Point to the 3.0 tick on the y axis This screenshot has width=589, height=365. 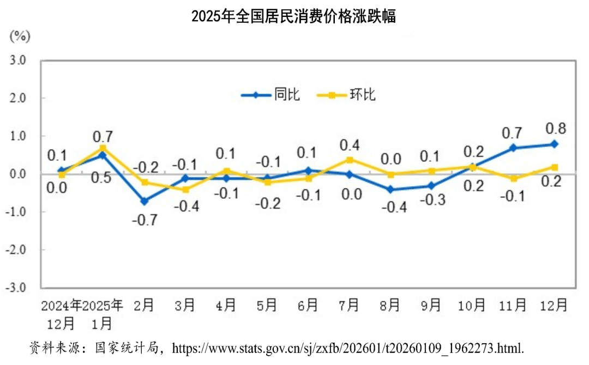[x=18, y=60]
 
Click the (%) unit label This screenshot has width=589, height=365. [x=20, y=36]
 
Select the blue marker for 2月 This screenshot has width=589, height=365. [x=144, y=201]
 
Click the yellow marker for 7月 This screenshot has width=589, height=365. [x=350, y=160]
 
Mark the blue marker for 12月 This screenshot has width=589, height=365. [x=554, y=144]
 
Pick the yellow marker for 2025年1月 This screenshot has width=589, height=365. [x=103, y=148]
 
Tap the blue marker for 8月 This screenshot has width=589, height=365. [x=390, y=190]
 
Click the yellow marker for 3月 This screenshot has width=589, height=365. [x=185, y=190]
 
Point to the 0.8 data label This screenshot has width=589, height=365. [x=555, y=129]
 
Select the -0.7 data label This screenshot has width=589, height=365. [x=145, y=220]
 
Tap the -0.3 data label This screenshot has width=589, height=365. [x=432, y=200]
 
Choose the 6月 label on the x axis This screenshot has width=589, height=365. [x=308, y=305]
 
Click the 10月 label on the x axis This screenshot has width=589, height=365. [x=472, y=305]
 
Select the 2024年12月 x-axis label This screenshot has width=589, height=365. [x=61, y=313]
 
